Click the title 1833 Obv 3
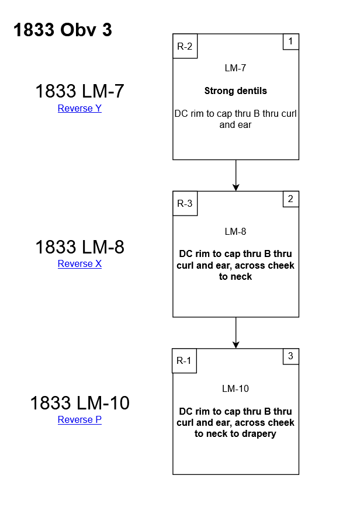[63, 30]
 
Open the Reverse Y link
[79, 108]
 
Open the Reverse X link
[79, 263]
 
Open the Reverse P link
[79, 419]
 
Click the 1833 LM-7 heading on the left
[79, 91]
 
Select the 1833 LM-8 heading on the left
[79, 247]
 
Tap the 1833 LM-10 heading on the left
[79, 403]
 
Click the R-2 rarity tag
[185, 46]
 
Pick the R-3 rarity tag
[185, 203]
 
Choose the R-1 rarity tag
[185, 360]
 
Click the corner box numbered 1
[291, 41]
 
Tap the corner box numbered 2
[291, 199]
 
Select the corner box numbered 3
[291, 356]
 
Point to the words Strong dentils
[236, 91]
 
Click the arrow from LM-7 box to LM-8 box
[236, 175]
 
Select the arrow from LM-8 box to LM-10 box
[236, 332]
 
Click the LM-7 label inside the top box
[236, 68]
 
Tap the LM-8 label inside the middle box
[236, 231]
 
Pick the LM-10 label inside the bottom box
[236, 388]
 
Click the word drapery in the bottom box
[259, 434]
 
